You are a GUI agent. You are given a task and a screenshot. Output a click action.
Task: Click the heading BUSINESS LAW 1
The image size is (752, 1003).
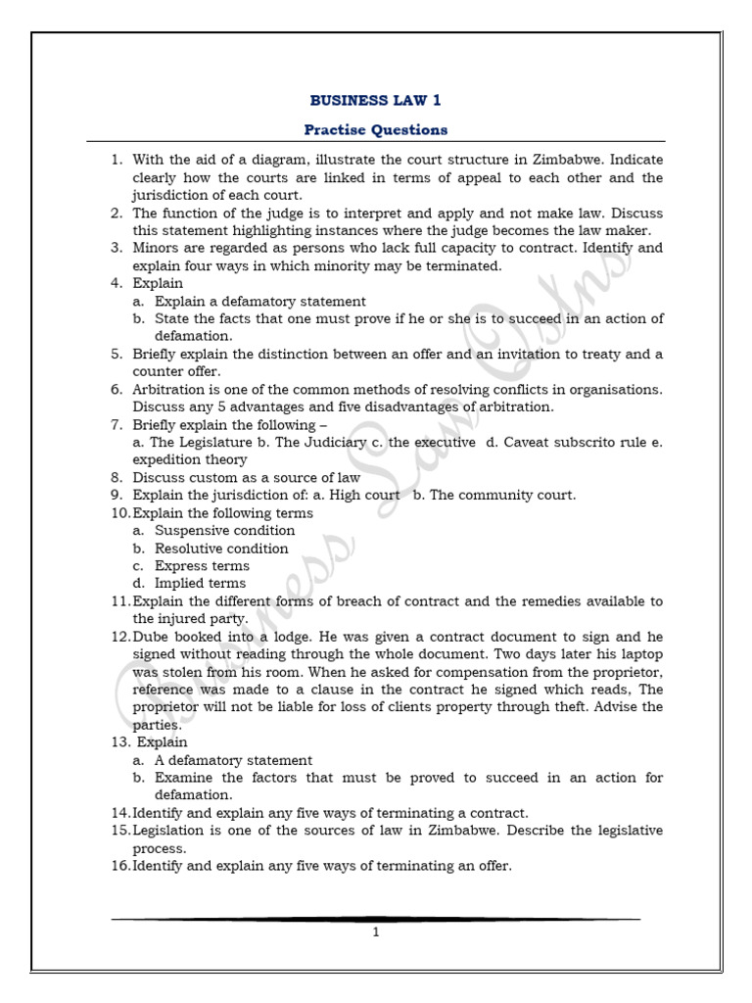375,100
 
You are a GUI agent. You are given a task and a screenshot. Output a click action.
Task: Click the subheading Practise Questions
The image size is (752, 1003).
375,129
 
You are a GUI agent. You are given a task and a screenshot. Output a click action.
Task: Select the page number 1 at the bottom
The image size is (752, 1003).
375,932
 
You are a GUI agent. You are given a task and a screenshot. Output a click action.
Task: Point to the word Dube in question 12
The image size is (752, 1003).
152,637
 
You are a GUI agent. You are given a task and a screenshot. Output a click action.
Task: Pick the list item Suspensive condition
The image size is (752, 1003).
224,531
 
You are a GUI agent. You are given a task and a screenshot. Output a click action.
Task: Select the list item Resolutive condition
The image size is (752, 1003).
221,549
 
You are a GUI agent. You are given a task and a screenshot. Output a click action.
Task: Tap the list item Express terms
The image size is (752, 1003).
202,566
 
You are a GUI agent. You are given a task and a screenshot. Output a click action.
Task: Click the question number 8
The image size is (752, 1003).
116,478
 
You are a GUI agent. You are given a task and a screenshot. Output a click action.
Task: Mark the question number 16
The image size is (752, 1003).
119,866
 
